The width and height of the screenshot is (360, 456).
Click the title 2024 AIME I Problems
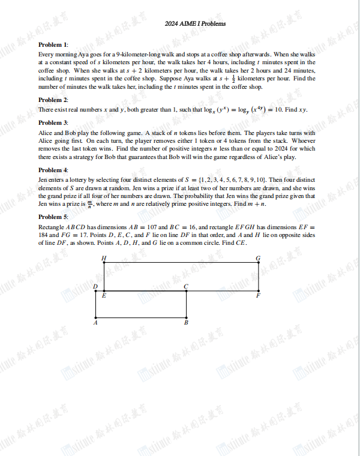click(x=195, y=24)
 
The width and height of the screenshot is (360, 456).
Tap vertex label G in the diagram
click(x=258, y=258)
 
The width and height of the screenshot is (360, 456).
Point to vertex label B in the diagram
click(x=186, y=323)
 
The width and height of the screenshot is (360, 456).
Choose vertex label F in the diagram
click(x=258, y=296)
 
